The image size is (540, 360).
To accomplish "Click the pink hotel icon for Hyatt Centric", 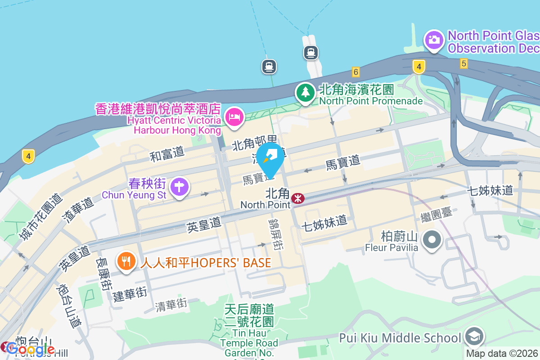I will [234, 118].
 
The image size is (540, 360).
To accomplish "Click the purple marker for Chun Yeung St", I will [180, 186].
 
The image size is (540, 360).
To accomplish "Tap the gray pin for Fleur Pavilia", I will [432, 239].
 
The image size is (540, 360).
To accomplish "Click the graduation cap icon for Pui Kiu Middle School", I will [474, 336].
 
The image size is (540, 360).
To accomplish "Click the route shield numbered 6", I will [356, 72].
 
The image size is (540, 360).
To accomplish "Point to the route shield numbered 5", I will [463, 64].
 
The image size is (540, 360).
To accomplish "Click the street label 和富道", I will [167, 154].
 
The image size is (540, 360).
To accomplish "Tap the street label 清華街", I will [171, 305].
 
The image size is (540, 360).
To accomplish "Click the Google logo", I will [30, 349].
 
